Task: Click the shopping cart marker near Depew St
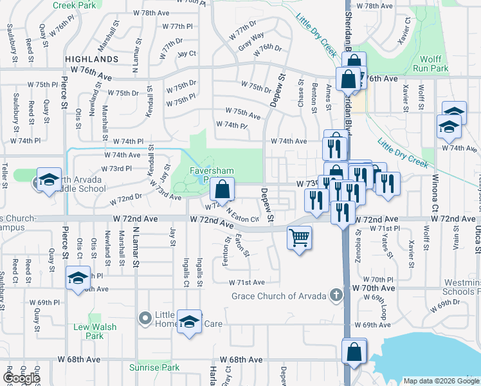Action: (300, 238)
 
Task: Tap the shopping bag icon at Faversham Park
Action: (222, 190)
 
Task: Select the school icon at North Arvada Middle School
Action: (49, 181)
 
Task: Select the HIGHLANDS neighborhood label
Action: (92, 59)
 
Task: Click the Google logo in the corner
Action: (21, 378)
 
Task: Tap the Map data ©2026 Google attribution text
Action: (440, 381)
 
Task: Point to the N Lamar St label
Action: (136, 245)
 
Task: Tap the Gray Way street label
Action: (251, 41)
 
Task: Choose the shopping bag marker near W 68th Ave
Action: (354, 352)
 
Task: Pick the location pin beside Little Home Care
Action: (145, 317)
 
